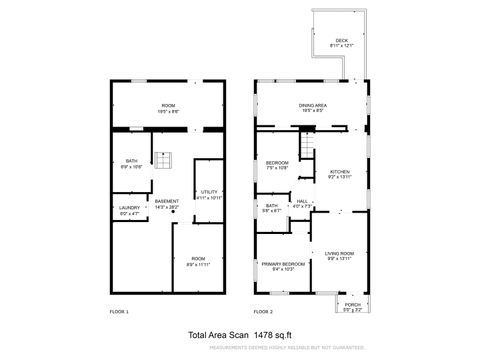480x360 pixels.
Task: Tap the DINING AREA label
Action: (x=313, y=105)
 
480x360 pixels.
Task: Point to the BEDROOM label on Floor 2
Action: (x=277, y=163)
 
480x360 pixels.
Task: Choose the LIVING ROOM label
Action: (x=340, y=254)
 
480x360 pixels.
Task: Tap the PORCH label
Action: (x=352, y=304)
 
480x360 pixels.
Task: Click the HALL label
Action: (x=302, y=201)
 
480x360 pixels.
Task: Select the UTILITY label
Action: (x=209, y=191)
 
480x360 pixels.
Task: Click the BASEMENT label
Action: (x=167, y=201)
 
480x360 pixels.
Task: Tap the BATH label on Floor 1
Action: (x=131, y=161)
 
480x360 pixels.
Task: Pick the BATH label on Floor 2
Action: (x=272, y=206)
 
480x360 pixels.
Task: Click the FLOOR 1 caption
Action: (x=119, y=312)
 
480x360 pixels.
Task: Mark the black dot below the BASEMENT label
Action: (x=173, y=213)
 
